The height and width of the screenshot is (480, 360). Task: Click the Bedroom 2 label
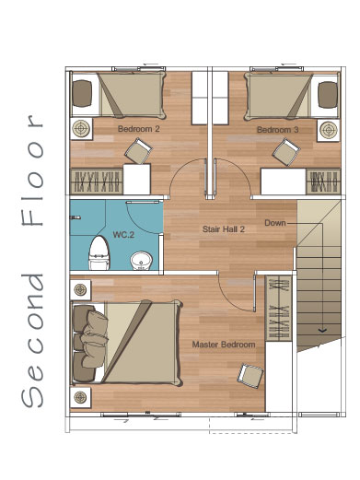139,129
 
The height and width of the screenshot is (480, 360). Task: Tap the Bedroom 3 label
277,130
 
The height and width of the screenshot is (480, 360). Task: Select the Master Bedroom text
224,345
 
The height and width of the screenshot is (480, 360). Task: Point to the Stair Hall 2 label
224,229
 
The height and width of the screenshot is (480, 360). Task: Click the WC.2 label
123,235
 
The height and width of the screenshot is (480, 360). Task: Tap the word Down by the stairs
275,223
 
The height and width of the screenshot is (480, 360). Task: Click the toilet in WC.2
99,252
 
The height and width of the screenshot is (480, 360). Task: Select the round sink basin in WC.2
141,261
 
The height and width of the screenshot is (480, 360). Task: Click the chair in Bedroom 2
138,151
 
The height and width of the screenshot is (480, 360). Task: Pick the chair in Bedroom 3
286,152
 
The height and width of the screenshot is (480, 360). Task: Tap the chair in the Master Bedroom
250,376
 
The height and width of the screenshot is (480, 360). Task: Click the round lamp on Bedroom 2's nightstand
81,129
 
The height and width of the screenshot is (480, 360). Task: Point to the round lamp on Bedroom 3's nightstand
328,130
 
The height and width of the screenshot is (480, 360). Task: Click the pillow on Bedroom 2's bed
82,93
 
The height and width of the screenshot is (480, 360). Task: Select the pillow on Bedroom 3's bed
328,95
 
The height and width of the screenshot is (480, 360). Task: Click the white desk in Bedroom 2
136,179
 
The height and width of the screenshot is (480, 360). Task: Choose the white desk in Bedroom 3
284,181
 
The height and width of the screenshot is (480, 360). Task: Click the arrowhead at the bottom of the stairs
322,331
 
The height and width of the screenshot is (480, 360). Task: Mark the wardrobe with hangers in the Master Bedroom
279,308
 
